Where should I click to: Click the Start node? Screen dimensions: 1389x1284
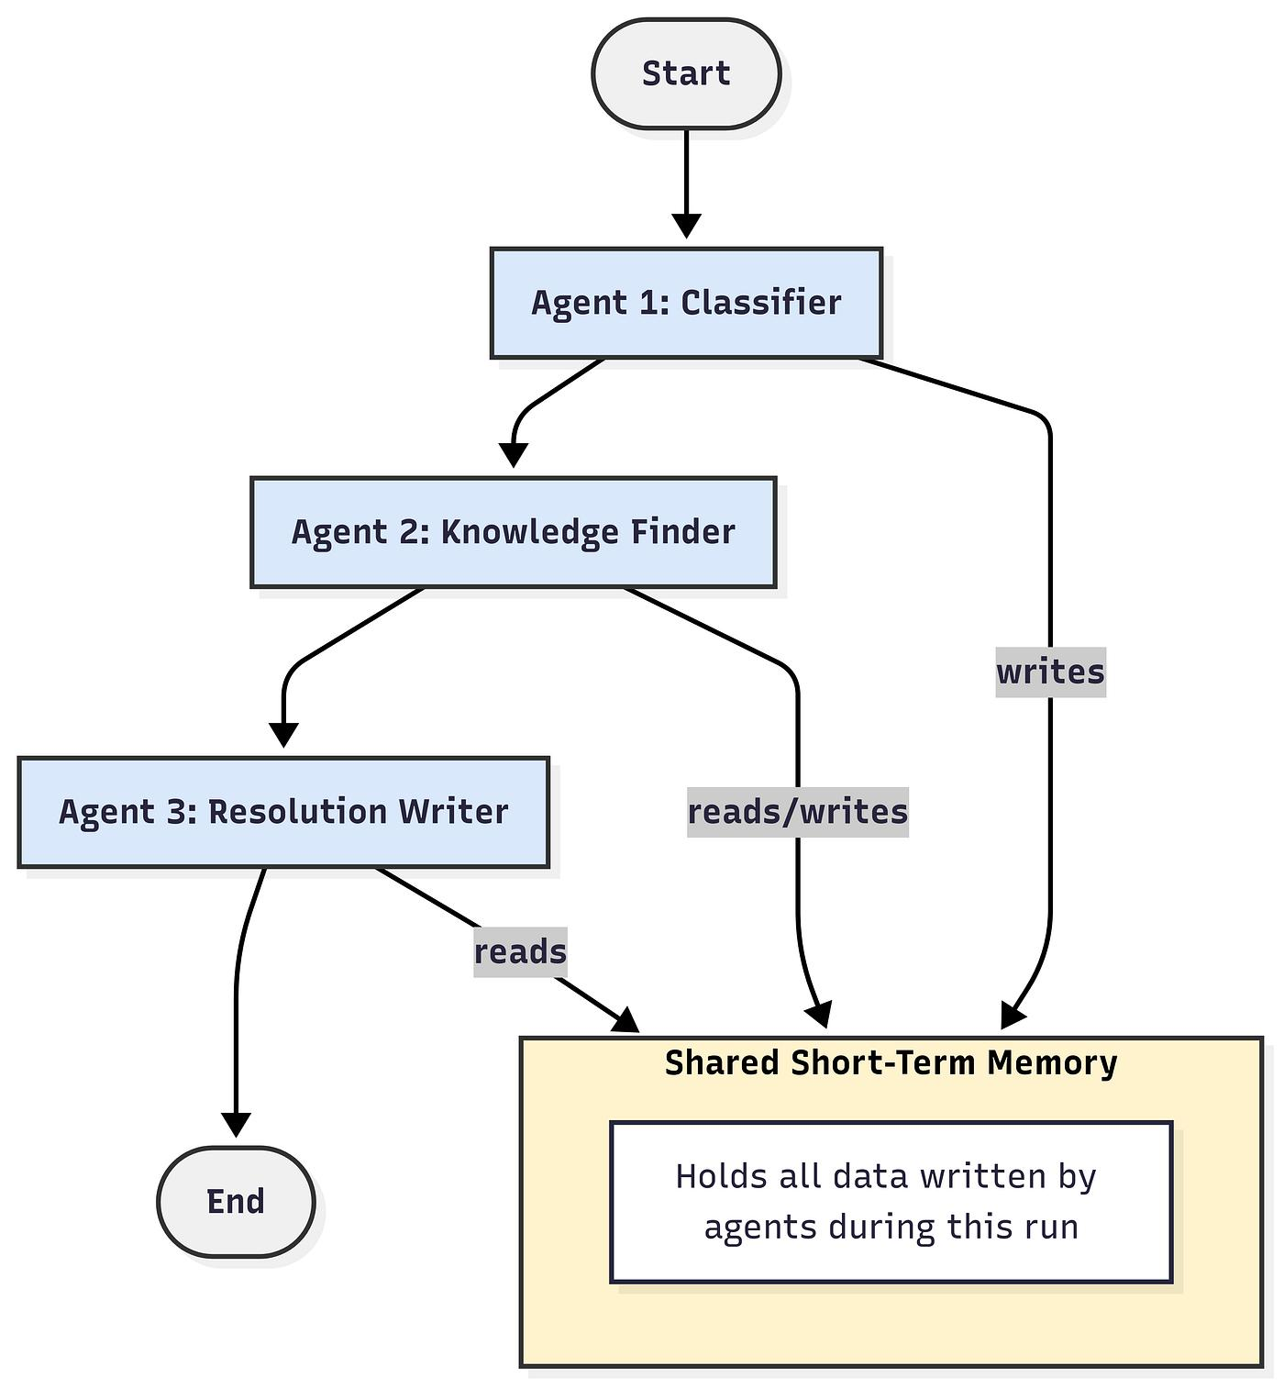[686, 73]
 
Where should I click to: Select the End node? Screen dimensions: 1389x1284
[236, 1201]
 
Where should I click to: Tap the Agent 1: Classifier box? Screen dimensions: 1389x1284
[686, 303]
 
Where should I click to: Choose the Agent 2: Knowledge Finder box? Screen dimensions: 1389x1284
[514, 532]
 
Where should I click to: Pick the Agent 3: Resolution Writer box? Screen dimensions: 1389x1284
[283, 812]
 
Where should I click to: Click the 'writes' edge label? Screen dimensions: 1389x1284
[1050, 672]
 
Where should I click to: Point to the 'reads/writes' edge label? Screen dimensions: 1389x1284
[798, 812]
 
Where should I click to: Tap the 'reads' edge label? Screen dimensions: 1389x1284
[520, 951]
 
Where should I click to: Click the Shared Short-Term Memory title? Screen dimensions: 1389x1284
[891, 1062]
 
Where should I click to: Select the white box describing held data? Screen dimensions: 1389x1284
[891, 1201]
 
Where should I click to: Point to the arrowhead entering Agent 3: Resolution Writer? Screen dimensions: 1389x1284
[283, 736]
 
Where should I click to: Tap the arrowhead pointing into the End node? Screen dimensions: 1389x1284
[236, 1126]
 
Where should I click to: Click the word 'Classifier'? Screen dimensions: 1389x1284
[760, 303]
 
